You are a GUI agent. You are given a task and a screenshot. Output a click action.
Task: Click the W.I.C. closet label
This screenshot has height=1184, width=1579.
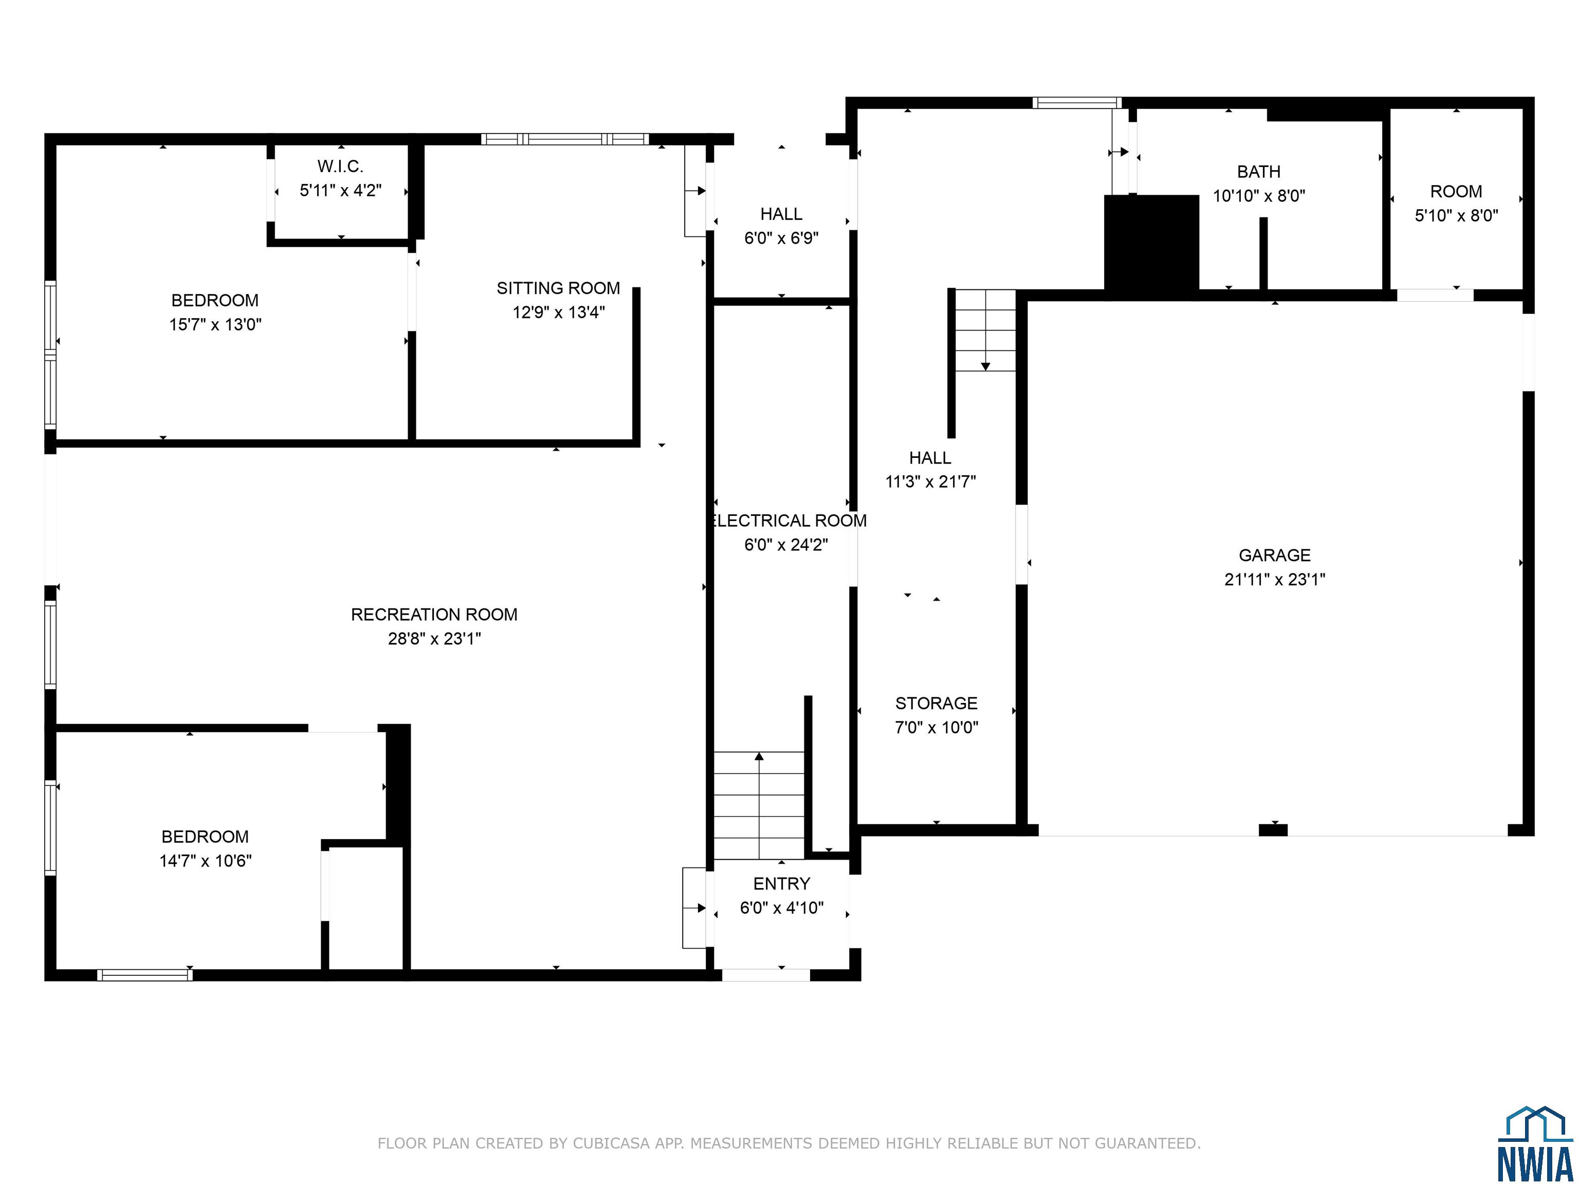click(340, 166)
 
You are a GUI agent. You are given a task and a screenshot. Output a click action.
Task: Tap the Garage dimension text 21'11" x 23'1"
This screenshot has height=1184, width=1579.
click(1274, 580)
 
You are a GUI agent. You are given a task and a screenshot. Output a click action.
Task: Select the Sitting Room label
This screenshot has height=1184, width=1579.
click(558, 288)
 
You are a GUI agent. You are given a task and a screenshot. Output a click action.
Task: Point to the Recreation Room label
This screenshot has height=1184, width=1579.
click(434, 615)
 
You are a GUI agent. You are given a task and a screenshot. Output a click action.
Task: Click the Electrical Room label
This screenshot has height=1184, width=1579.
click(789, 521)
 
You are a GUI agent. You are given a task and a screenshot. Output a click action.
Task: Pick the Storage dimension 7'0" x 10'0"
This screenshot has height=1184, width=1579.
click(937, 727)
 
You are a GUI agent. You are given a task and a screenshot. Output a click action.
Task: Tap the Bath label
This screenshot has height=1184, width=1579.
click(1258, 172)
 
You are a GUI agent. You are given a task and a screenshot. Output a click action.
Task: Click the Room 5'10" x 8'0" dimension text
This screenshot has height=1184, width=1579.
click(1456, 215)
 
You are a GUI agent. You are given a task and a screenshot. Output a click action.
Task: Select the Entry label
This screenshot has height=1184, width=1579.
click(782, 883)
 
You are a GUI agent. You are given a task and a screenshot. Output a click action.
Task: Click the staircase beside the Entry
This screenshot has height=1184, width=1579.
click(759, 805)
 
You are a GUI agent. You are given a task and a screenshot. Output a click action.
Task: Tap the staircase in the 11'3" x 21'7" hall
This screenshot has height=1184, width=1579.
click(985, 330)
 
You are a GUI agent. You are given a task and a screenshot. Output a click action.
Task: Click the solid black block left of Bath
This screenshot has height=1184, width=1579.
click(1151, 243)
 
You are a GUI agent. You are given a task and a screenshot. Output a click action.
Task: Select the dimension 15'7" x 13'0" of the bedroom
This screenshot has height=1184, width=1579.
click(215, 325)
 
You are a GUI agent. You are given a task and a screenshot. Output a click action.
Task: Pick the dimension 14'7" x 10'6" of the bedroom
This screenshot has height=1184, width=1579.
click(206, 861)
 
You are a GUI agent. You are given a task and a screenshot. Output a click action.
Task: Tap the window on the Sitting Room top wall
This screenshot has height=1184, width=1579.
click(565, 139)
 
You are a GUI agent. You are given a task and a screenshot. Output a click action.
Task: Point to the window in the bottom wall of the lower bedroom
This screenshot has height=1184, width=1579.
click(145, 975)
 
